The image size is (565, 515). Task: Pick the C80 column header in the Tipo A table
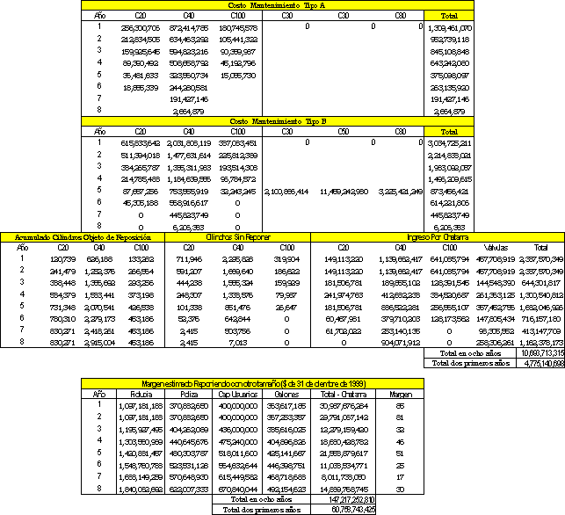pyautogui.click(x=400, y=16)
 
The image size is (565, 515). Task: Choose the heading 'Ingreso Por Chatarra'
pyautogui.click(x=436, y=237)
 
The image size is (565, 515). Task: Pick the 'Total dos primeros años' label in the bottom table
pyautogui.click(x=261, y=508)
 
